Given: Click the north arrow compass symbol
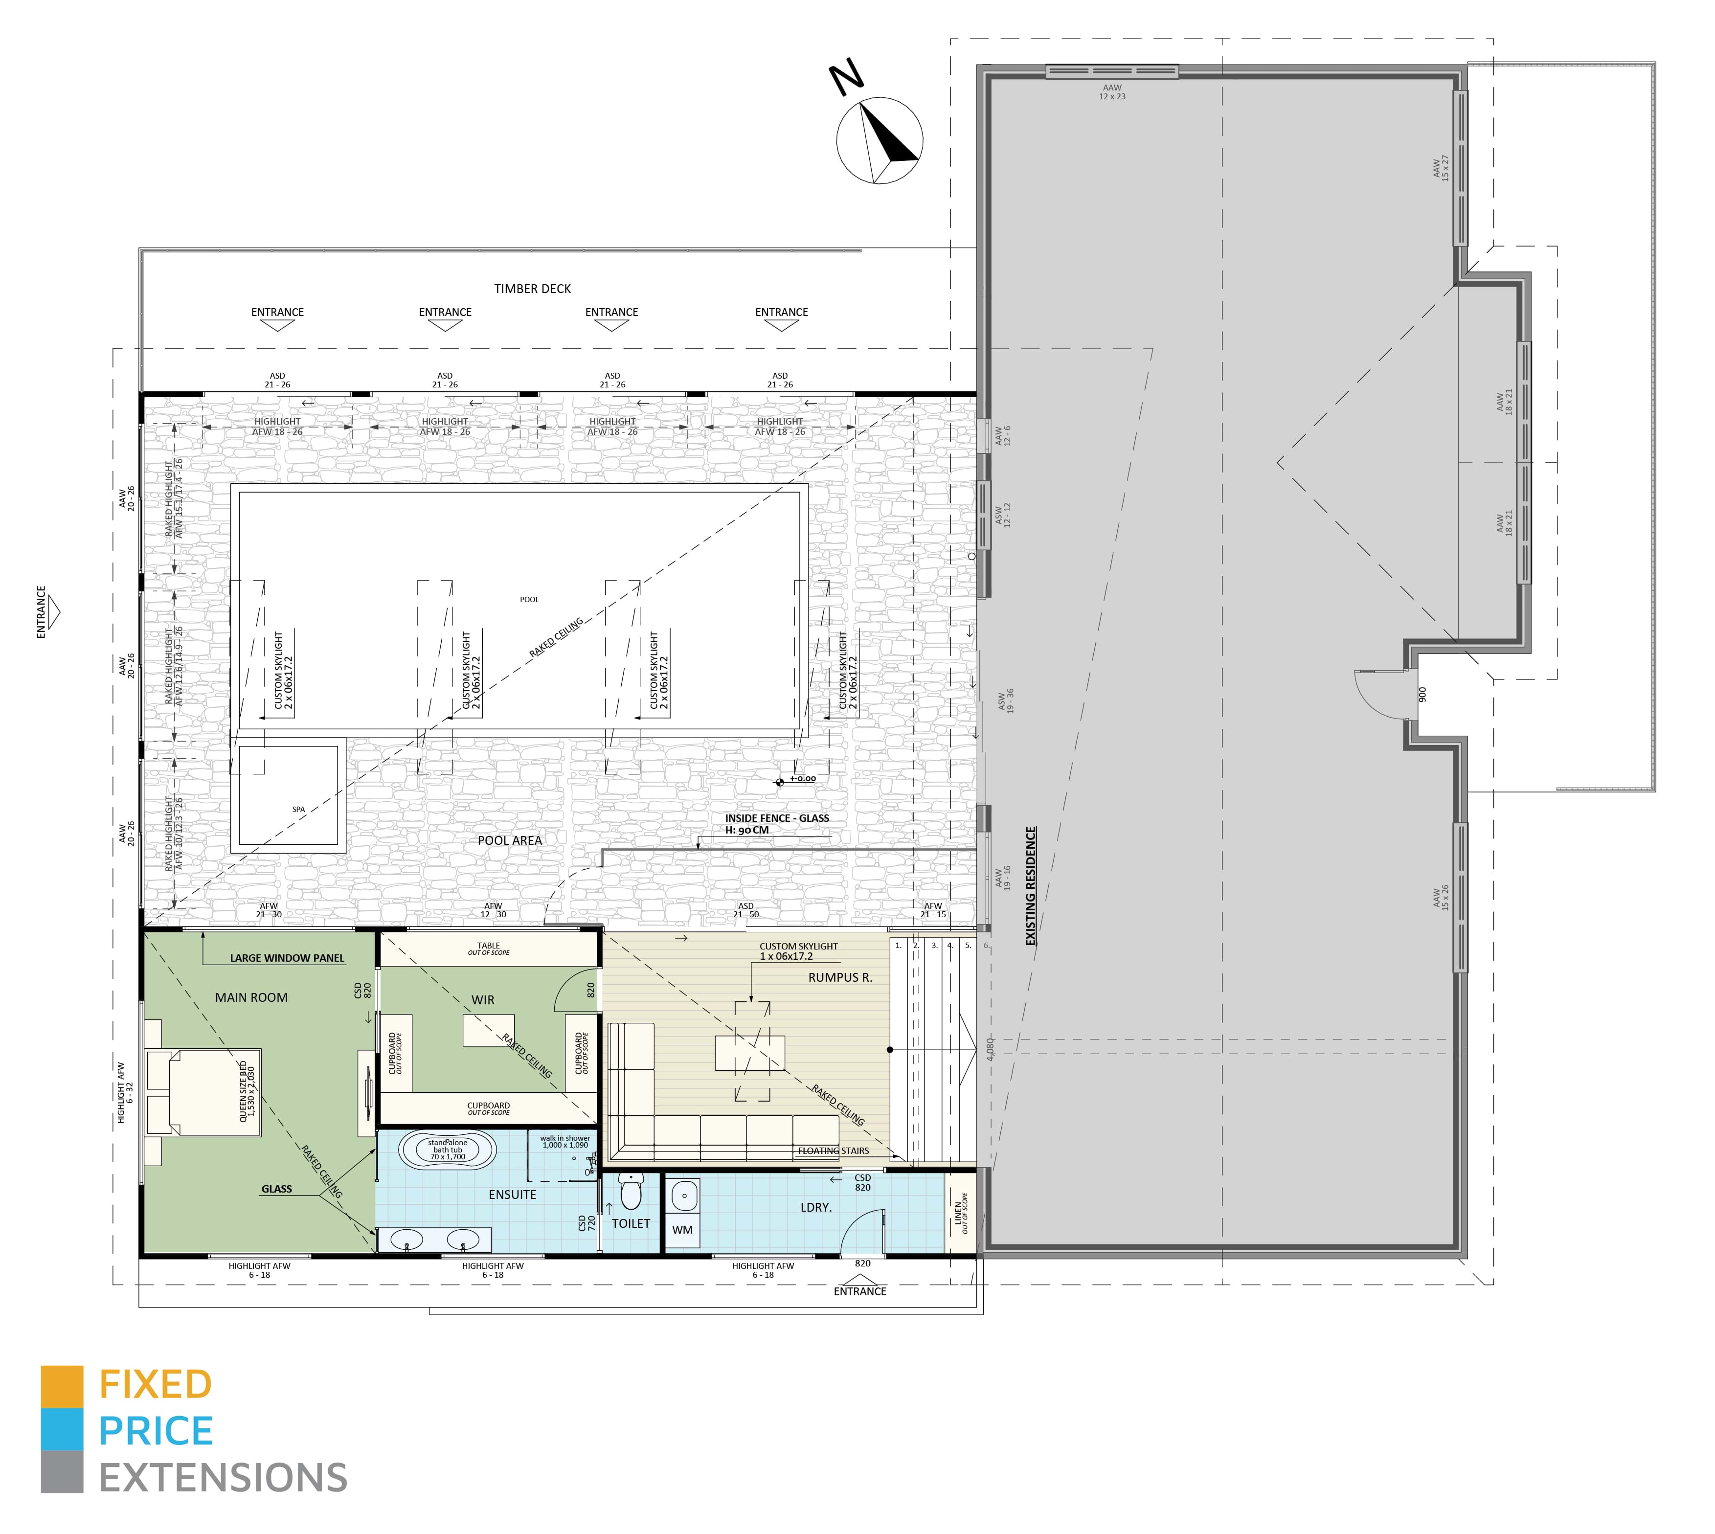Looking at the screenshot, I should tap(879, 141).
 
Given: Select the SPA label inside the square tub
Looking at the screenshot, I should tap(298, 809).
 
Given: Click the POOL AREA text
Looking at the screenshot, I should tap(510, 840).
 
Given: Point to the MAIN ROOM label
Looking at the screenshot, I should tap(251, 997).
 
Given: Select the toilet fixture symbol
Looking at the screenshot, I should tap(631, 1193).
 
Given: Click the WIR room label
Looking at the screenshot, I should tap(483, 1000).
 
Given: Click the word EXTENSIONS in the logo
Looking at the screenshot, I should tap(224, 1478).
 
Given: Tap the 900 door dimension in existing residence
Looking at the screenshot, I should tap(1422, 695).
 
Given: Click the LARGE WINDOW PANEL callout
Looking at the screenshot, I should tap(287, 958).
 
